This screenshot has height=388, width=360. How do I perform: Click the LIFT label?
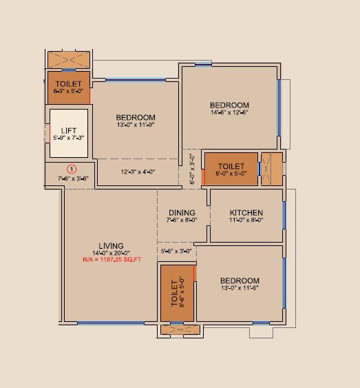(69, 130)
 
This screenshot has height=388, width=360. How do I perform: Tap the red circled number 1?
(71, 168)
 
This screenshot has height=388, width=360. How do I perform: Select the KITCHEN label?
(246, 212)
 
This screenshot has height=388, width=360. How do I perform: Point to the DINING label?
(182, 212)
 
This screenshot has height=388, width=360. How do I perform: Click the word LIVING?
(111, 245)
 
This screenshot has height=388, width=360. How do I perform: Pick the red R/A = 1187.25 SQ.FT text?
(111, 261)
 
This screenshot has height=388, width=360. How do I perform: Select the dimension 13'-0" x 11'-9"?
(136, 125)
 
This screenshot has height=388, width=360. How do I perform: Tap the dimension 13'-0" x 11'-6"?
(240, 288)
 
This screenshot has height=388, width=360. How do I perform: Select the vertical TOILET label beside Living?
(174, 293)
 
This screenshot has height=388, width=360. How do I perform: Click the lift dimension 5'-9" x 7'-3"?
(69, 138)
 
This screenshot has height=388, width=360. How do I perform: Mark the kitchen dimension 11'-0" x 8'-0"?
(246, 221)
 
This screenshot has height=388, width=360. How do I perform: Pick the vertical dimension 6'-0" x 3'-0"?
(193, 167)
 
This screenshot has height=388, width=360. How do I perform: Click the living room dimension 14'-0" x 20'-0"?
(111, 253)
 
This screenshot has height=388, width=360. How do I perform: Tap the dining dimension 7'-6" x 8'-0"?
(182, 221)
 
